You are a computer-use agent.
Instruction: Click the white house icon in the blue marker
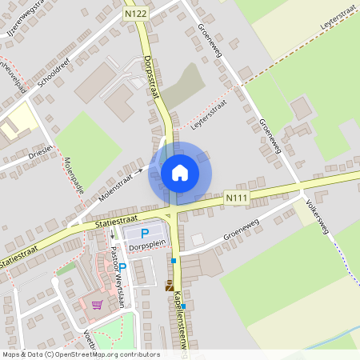[180, 172]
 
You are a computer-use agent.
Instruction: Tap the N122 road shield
[136, 14]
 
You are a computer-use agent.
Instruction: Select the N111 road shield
[235, 197]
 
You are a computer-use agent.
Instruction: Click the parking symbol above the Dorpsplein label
[145, 234]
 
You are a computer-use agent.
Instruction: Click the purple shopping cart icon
[97, 304]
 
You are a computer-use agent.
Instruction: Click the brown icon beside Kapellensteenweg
[169, 285]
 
